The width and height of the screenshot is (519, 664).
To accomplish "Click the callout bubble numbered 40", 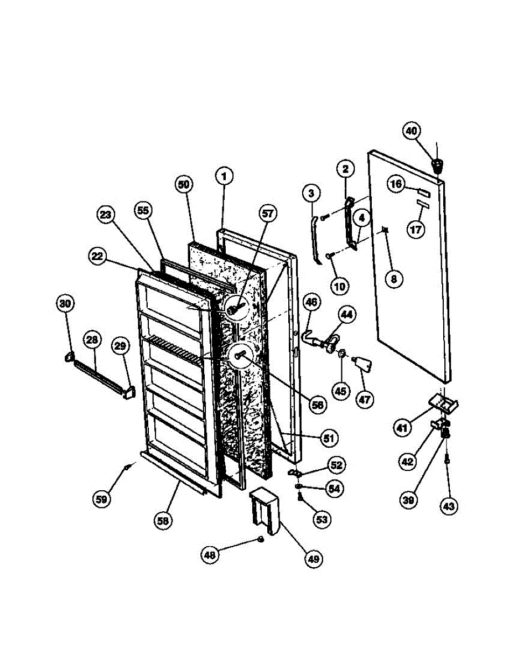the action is click(x=411, y=131).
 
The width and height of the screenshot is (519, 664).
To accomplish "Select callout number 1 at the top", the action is click(x=224, y=177).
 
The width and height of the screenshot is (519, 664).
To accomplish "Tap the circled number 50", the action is click(x=185, y=185).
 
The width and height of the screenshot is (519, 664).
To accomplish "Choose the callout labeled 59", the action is click(x=102, y=499).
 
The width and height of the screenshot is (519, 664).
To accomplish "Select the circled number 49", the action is click(x=313, y=559).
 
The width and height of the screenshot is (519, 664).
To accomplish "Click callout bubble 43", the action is click(x=449, y=505).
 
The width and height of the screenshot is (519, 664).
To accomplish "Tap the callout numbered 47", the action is click(x=365, y=399).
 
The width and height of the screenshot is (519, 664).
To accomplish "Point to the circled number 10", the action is click(x=339, y=286).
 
